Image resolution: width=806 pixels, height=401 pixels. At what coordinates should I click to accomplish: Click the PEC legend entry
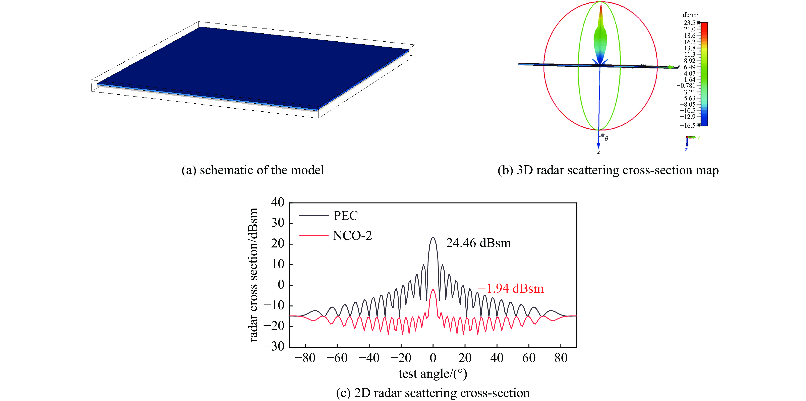pos(345,216)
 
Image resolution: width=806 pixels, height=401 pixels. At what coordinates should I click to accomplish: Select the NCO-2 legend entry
pos(352,236)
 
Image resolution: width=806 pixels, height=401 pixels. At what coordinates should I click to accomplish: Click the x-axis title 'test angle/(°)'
pos(433,374)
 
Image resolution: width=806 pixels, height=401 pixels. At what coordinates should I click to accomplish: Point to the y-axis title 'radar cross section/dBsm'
pos(253,275)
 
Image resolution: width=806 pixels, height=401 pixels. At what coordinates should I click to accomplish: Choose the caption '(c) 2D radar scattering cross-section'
pos(433,393)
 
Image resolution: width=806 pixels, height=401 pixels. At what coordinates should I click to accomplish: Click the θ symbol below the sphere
pos(606,138)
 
